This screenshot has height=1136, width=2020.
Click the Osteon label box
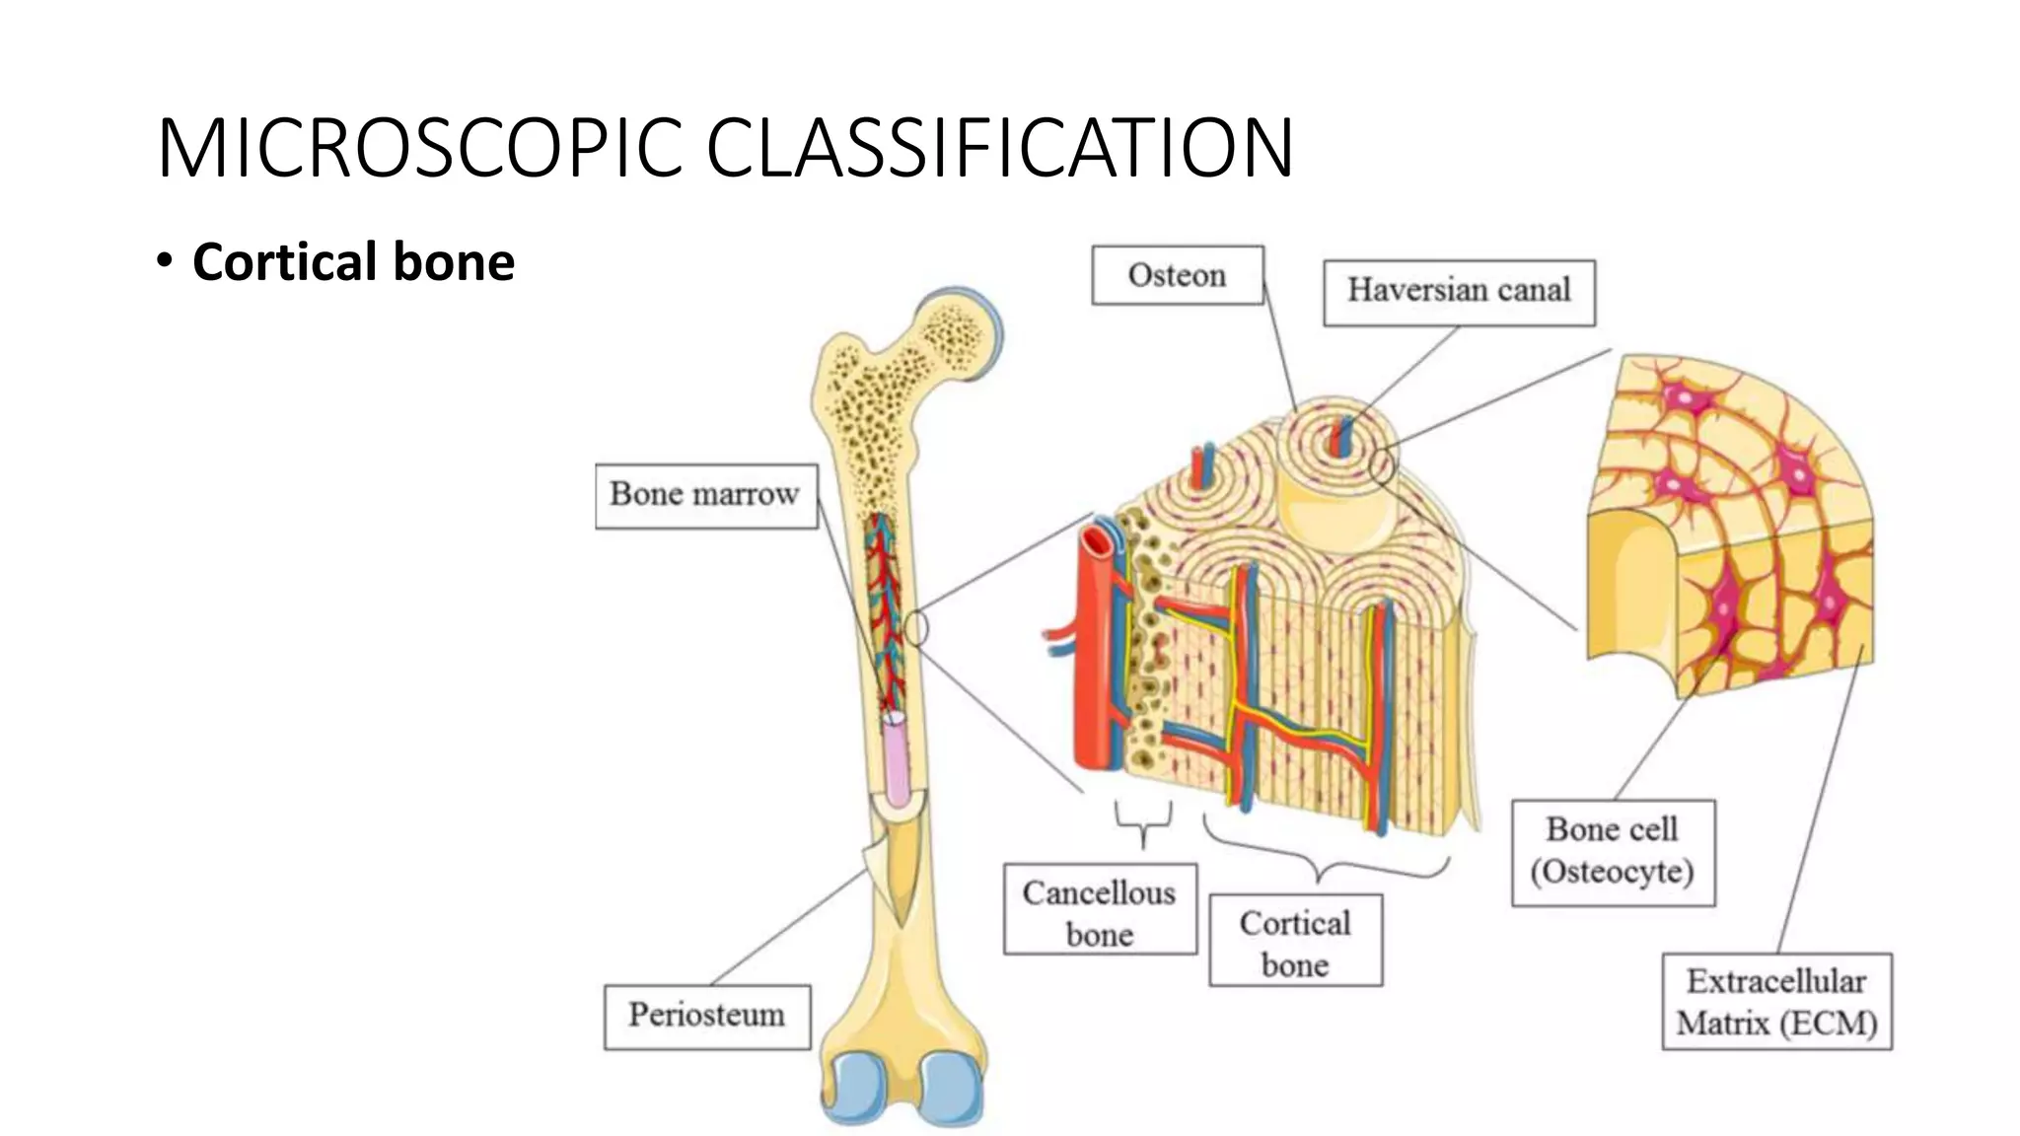coord(1177,275)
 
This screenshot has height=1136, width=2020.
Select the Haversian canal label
coord(1459,291)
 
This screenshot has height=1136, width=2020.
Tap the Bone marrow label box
coord(705,495)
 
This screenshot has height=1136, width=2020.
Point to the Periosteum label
coord(706,1016)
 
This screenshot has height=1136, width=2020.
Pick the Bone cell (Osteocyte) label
coord(1613,851)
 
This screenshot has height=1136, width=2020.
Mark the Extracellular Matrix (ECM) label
coord(1776,1001)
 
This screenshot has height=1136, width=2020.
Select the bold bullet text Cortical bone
coord(353,262)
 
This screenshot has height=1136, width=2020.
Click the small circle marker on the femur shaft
coord(916,628)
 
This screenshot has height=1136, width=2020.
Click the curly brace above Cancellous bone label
coord(1143,822)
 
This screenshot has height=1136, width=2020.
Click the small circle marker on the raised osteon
coord(1383,466)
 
